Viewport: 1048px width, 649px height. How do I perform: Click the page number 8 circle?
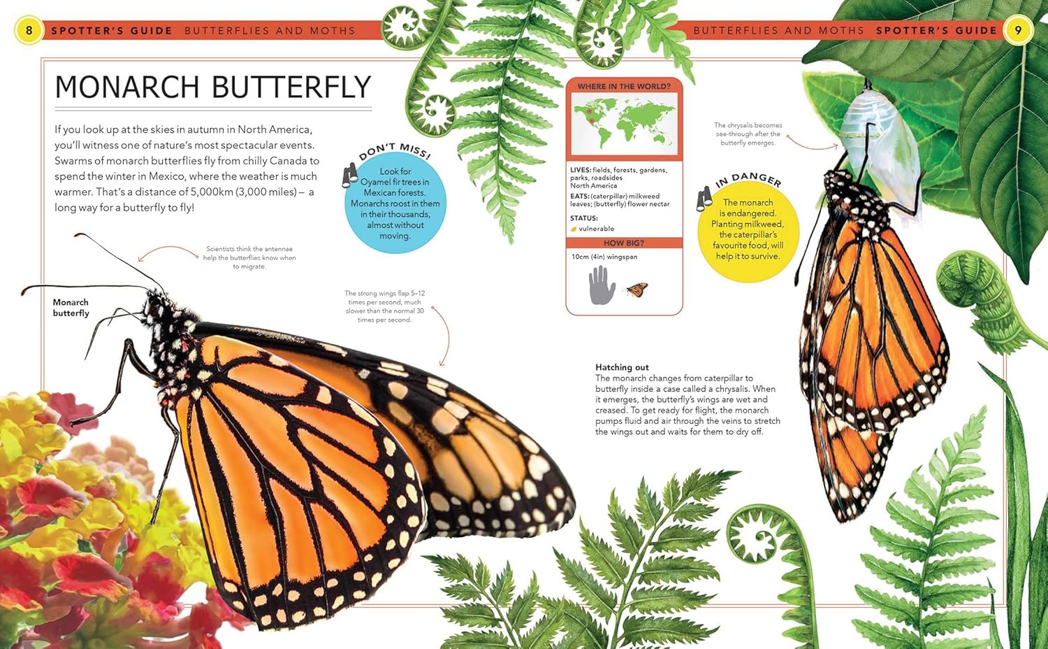[29, 31]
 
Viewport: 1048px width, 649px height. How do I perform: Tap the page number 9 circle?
[1018, 31]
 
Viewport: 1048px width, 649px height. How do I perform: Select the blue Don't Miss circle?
[395, 204]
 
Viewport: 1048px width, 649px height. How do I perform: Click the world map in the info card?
[624, 122]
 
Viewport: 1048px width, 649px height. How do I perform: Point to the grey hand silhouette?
[601, 285]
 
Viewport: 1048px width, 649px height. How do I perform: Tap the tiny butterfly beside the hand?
[636, 289]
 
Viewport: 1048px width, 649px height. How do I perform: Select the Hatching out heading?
[622, 367]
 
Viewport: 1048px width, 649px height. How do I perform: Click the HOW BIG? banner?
[624, 243]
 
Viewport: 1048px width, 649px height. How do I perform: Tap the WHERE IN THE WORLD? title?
[624, 86]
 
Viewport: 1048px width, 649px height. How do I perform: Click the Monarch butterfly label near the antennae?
[71, 308]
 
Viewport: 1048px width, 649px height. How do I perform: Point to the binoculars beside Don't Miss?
[349, 176]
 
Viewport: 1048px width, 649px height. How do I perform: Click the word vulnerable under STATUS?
[596, 229]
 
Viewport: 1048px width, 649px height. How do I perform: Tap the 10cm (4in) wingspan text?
[604, 257]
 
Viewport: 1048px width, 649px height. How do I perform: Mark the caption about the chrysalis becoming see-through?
[748, 134]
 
